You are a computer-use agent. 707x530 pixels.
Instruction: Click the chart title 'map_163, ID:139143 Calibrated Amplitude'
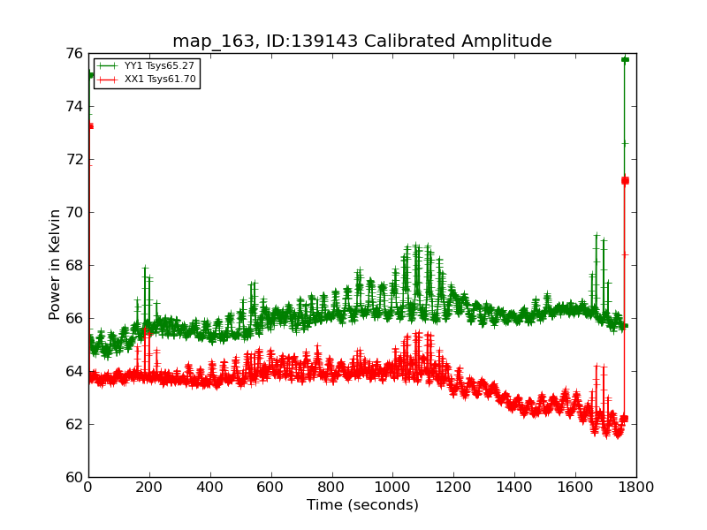[x=361, y=41]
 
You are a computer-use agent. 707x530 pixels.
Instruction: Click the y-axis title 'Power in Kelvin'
[x=55, y=264]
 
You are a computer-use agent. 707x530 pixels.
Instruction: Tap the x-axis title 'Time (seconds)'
[x=362, y=505]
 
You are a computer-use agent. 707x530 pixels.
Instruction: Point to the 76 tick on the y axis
[x=72, y=54]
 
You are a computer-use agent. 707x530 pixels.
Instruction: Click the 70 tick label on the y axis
[x=72, y=212]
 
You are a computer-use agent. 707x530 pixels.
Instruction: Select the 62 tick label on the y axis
[x=72, y=424]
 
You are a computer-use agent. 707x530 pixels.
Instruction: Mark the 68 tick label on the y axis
[x=72, y=265]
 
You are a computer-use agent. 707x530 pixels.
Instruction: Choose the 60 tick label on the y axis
[x=72, y=477]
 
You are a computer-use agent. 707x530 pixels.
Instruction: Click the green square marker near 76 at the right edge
[x=625, y=59]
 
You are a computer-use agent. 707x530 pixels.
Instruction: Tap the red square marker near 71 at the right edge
[x=625, y=180]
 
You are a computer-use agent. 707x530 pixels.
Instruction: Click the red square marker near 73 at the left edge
[x=89, y=126]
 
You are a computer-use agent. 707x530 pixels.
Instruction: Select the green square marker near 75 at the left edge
[x=90, y=75]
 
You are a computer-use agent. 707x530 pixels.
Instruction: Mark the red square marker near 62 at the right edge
[x=624, y=419]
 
